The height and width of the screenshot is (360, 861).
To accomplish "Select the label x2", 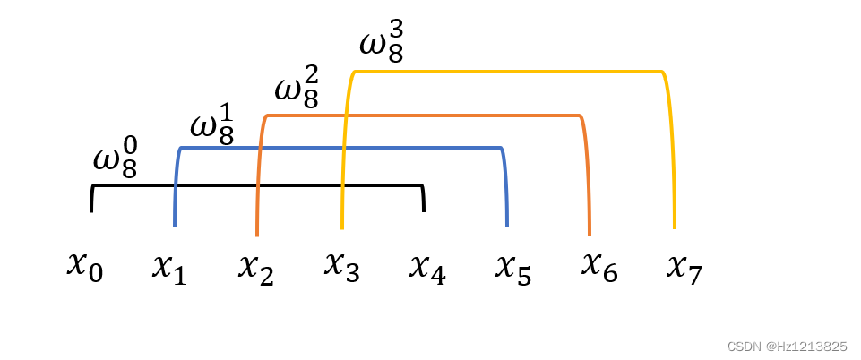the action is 255,267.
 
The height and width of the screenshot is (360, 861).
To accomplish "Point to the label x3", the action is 341,266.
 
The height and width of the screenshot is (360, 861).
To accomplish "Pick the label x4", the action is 427,267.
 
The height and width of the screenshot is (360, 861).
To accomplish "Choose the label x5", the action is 513,267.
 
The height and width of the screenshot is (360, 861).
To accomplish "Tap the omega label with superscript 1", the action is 211,125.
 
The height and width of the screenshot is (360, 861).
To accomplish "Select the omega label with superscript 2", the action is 297,90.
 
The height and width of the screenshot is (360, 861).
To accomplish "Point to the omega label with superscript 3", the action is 382,46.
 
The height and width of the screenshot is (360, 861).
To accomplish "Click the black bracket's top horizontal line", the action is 257,185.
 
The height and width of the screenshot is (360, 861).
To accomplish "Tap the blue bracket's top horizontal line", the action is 340,147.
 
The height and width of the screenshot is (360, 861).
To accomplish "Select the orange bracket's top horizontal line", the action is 421,116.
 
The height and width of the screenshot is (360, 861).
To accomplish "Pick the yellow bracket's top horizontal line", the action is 507,72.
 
